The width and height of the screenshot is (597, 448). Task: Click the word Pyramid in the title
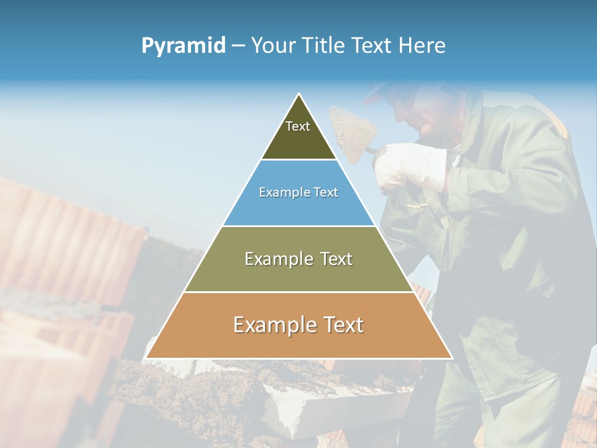click(183, 46)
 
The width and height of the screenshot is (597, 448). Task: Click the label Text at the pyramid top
click(298, 126)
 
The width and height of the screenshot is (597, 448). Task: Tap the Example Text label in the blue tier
click(298, 192)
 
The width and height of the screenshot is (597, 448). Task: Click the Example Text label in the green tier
click(298, 259)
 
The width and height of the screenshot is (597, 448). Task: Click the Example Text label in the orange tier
click(298, 325)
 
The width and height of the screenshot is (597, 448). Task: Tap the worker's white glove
click(407, 164)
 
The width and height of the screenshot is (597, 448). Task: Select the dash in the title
click(238, 46)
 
